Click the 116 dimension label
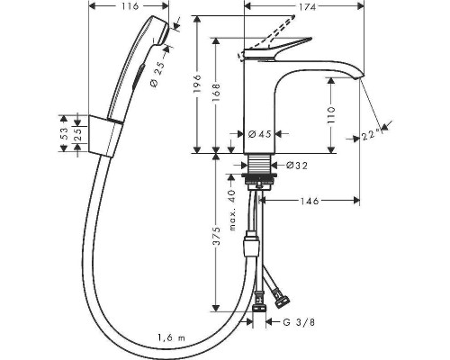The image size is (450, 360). tap(129, 7)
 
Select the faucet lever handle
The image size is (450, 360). tap(288, 45)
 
